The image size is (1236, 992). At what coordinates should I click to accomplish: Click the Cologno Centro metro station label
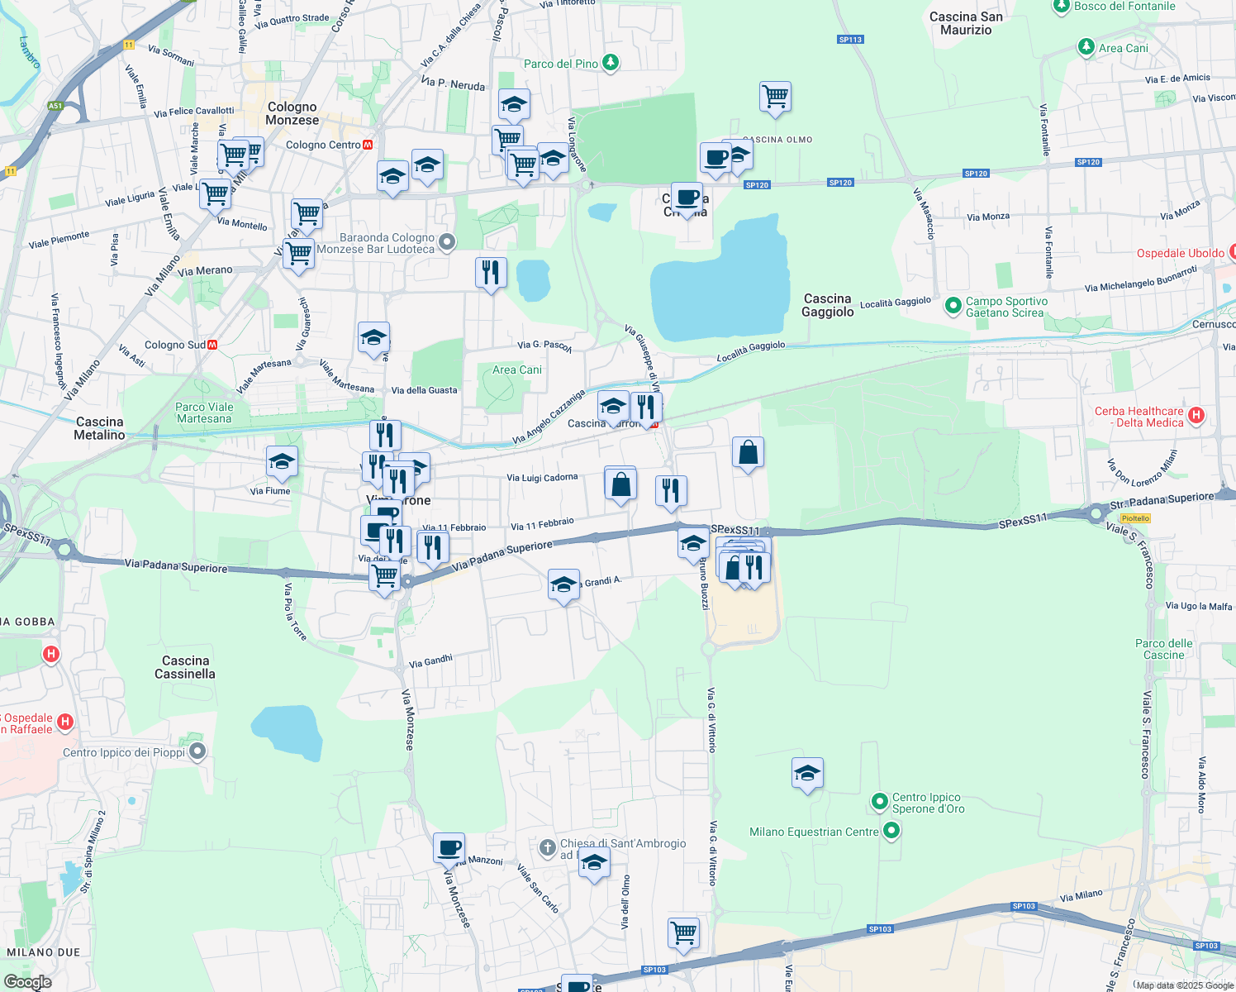pyautogui.click(x=323, y=145)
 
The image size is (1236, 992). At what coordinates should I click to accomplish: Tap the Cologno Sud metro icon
pyautogui.click(x=212, y=345)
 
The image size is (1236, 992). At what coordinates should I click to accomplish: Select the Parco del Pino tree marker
pyautogui.click(x=610, y=63)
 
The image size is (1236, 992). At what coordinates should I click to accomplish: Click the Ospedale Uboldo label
pyautogui.click(x=1180, y=253)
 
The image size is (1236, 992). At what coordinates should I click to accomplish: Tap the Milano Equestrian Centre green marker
pyautogui.click(x=891, y=831)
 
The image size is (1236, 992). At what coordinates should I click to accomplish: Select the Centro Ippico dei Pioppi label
pyautogui.click(x=124, y=752)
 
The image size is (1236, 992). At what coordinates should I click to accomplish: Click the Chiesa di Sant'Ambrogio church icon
pyautogui.click(x=547, y=847)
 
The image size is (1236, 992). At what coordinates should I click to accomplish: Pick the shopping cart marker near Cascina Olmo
pyautogui.click(x=775, y=97)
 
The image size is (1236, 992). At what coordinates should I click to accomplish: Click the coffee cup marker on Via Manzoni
pyautogui.click(x=449, y=848)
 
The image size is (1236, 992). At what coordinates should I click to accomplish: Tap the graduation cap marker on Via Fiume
pyautogui.click(x=282, y=461)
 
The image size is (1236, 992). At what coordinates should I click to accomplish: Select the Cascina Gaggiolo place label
pyautogui.click(x=827, y=305)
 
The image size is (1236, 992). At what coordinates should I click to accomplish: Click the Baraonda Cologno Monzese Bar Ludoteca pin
pyautogui.click(x=447, y=242)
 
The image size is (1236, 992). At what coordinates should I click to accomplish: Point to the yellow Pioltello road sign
pyautogui.click(x=1135, y=518)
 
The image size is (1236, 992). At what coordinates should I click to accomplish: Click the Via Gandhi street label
pyautogui.click(x=430, y=661)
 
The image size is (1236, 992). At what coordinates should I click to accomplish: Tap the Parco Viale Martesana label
pyautogui.click(x=204, y=413)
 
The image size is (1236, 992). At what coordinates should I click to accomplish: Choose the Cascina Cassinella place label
pyautogui.click(x=185, y=667)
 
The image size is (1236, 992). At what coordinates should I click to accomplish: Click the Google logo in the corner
pyautogui.click(x=27, y=982)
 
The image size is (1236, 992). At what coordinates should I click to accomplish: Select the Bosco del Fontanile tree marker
pyautogui.click(x=1061, y=7)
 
